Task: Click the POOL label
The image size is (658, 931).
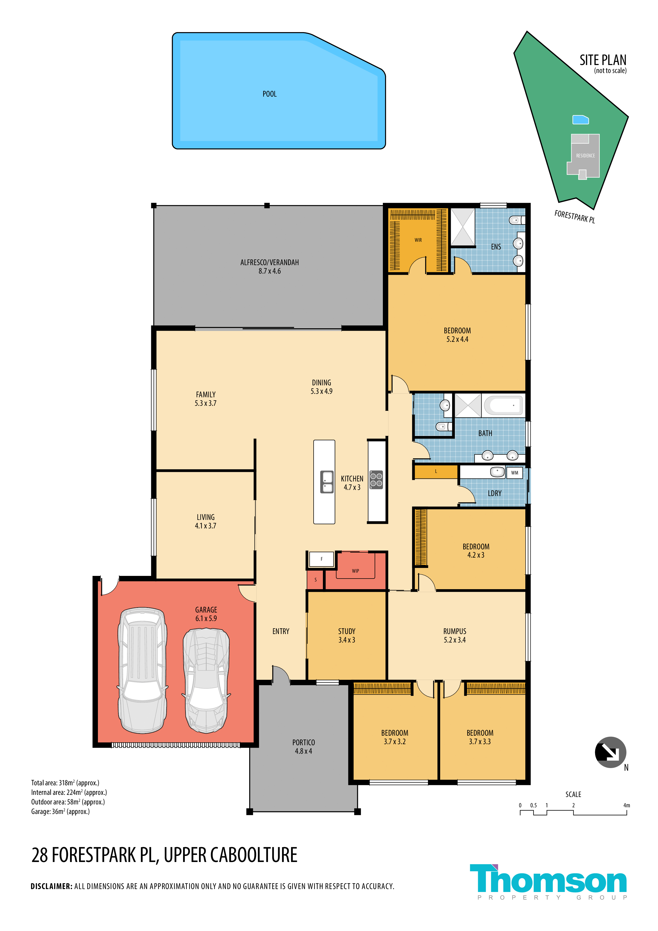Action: (270, 94)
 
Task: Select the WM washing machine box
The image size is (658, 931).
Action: (514, 473)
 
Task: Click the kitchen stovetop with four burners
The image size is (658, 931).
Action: (376, 480)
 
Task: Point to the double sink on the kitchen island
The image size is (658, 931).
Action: (327, 482)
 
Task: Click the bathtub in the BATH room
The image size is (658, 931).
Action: (503, 405)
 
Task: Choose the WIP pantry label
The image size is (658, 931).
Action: (356, 571)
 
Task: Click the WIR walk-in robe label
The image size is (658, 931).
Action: (418, 240)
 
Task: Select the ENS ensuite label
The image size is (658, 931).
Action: (496, 247)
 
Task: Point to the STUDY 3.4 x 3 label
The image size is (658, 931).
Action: (347, 635)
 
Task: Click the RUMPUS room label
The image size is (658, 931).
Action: (455, 631)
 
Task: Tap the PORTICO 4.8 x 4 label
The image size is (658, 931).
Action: (304, 747)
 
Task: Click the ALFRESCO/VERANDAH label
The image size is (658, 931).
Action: (270, 263)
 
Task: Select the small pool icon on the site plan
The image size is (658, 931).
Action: (581, 120)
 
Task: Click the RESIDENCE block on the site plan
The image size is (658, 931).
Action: (585, 156)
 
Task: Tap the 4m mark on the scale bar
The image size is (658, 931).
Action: (626, 805)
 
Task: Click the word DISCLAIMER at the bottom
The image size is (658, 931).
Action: (51, 886)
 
